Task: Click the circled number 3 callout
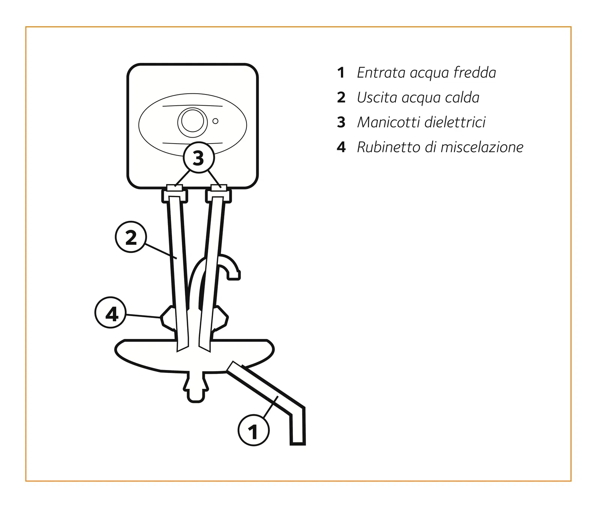click(199, 157)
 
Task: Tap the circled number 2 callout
click(130, 237)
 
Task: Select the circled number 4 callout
click(111, 313)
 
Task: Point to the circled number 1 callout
click(254, 430)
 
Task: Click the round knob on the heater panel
click(192, 121)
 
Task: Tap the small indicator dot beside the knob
click(215, 121)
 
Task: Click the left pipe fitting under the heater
click(175, 194)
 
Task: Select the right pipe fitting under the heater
click(219, 194)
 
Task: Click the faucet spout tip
click(234, 276)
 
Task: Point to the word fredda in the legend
click(475, 72)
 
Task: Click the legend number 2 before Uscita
click(341, 97)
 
